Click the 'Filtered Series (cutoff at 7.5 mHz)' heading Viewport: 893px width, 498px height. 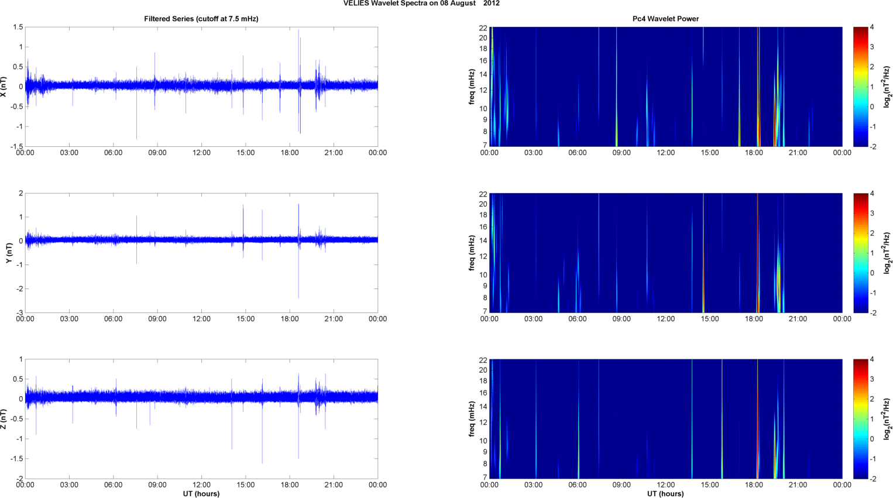201,19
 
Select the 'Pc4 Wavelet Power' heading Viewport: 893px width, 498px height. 665,19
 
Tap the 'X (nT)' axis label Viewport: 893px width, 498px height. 4,87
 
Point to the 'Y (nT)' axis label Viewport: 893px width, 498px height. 9,253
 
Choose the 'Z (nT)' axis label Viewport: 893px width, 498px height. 4,419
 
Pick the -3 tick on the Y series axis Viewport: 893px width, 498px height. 20,313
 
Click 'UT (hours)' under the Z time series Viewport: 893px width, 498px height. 201,494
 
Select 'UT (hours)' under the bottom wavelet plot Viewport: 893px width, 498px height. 665,494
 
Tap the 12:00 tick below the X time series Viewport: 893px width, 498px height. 201,153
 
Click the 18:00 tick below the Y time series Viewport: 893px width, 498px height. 290,319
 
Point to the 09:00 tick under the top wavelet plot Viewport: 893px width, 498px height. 621,153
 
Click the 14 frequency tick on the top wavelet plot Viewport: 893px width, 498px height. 483,74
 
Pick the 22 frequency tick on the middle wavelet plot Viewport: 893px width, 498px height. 483,194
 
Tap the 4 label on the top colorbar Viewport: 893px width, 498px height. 872,28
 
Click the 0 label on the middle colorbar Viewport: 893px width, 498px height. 872,273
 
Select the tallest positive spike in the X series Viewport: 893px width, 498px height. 298,30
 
